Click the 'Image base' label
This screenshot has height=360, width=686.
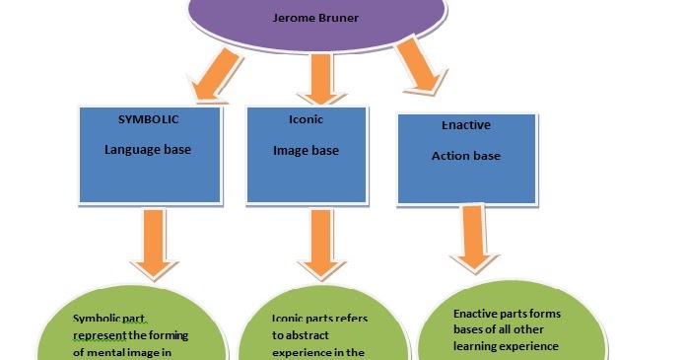pos(306,151)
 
